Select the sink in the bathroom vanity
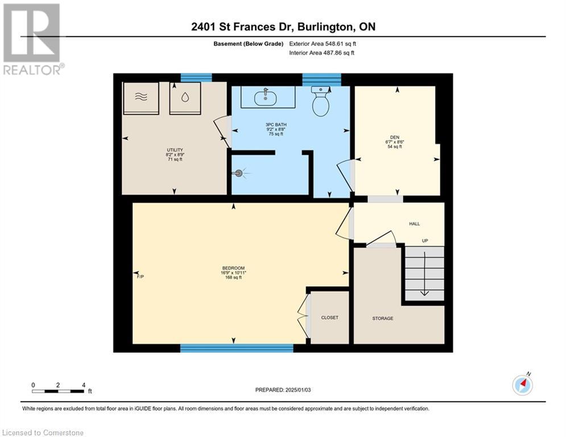(x=265, y=98)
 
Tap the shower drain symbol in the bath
(x=239, y=173)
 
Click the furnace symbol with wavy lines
(x=141, y=98)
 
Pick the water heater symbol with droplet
(x=185, y=98)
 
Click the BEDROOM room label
(x=233, y=269)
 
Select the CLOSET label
(x=329, y=318)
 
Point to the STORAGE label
(x=383, y=318)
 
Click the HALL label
(x=414, y=224)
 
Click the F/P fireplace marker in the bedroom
(x=141, y=277)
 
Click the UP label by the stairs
(x=424, y=241)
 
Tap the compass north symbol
(x=522, y=385)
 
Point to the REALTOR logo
(x=32, y=39)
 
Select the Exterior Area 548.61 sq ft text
(x=323, y=44)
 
